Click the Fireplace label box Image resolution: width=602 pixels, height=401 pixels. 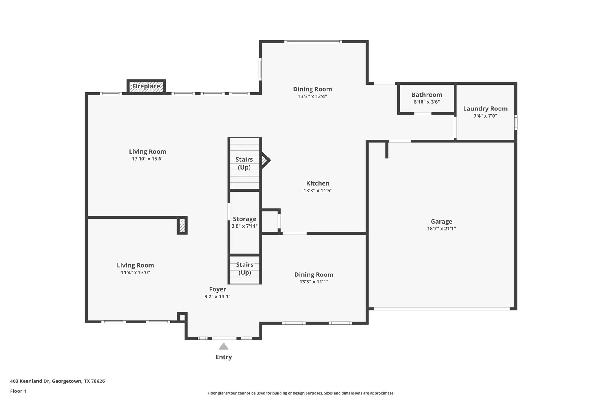tap(146, 86)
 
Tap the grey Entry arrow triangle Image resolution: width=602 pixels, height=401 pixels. tap(223, 346)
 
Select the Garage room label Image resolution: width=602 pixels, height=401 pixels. tap(441, 222)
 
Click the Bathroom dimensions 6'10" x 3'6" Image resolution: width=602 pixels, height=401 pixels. tap(427, 102)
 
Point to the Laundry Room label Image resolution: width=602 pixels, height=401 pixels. tap(485, 109)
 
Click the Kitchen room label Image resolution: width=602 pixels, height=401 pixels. tap(317, 183)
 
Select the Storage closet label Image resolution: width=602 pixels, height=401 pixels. tap(245, 219)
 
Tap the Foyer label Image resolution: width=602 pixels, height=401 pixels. tap(218, 289)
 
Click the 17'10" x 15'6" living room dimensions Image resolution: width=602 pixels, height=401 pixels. tap(148, 159)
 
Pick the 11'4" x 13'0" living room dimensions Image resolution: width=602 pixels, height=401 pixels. tap(136, 272)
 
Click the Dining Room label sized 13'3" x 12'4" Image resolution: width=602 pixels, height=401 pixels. tap(312, 89)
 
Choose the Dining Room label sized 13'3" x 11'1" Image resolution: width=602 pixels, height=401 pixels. tap(314, 275)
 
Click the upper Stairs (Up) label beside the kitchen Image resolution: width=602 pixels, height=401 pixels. tap(244, 163)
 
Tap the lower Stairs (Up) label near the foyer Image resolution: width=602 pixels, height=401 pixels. tap(245, 269)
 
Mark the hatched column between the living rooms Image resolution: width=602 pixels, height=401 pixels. tap(182, 225)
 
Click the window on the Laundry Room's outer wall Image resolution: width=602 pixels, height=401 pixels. tap(516, 122)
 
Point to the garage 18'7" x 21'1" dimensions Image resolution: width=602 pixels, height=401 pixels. tap(441, 229)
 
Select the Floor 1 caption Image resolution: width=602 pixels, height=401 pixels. tap(18, 391)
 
